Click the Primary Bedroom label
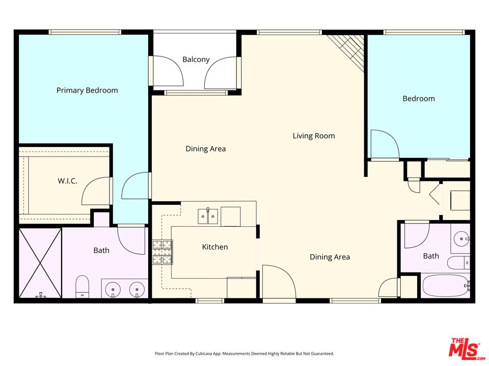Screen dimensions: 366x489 tap(87, 90)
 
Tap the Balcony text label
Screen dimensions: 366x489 tap(196, 59)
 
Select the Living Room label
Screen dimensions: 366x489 tap(314, 136)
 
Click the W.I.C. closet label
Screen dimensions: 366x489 tap(67, 180)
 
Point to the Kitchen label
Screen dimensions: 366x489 tap(215, 247)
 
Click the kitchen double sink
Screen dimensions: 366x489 tap(208, 217)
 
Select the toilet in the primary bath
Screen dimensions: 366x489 tap(83, 287)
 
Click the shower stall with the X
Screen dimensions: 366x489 tap(40, 262)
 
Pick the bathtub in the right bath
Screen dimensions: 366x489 tap(445, 286)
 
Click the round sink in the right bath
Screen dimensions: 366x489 tap(461, 237)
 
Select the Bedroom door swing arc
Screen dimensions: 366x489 tap(385, 144)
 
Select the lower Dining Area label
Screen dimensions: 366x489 tap(330, 257)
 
